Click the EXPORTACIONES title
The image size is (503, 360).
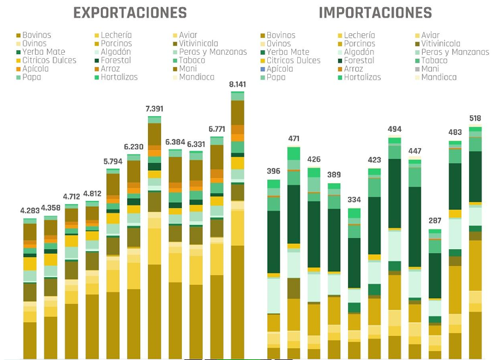[x=130, y=13]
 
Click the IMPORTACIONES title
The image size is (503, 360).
[x=375, y=13]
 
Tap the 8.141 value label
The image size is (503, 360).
[x=237, y=85]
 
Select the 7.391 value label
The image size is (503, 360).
[x=154, y=109]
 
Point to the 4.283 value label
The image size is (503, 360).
[x=30, y=211]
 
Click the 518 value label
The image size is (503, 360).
[x=475, y=118]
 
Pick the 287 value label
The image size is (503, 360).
[x=435, y=220]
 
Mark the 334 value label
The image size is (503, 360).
[x=354, y=200]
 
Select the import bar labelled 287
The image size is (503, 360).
[x=435, y=294]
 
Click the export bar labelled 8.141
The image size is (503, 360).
[x=237, y=225]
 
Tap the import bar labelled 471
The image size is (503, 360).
[x=294, y=253]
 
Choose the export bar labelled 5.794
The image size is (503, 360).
[x=113, y=263]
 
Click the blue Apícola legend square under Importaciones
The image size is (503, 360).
[x=263, y=69]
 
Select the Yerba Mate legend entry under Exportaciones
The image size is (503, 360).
[x=41, y=52]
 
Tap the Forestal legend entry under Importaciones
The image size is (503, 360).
[x=356, y=61]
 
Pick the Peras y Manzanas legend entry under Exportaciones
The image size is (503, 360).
[x=210, y=52]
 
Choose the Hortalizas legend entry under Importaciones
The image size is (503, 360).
[x=359, y=77]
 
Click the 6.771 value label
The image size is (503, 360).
[x=217, y=129]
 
